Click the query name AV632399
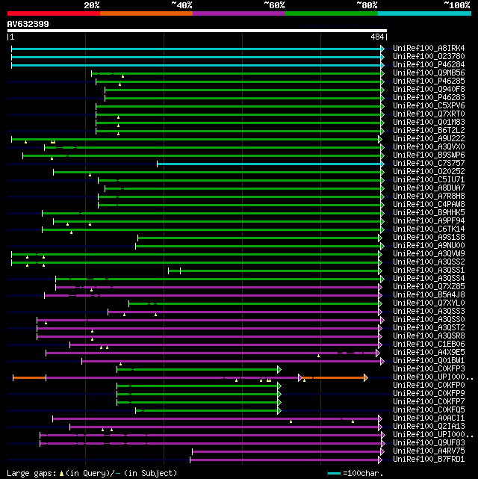point(28,24)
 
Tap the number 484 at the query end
point(376,37)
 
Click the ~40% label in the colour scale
point(181,4)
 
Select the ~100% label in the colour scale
point(456,4)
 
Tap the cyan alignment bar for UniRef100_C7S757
point(269,164)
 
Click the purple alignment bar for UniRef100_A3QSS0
point(209,320)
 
